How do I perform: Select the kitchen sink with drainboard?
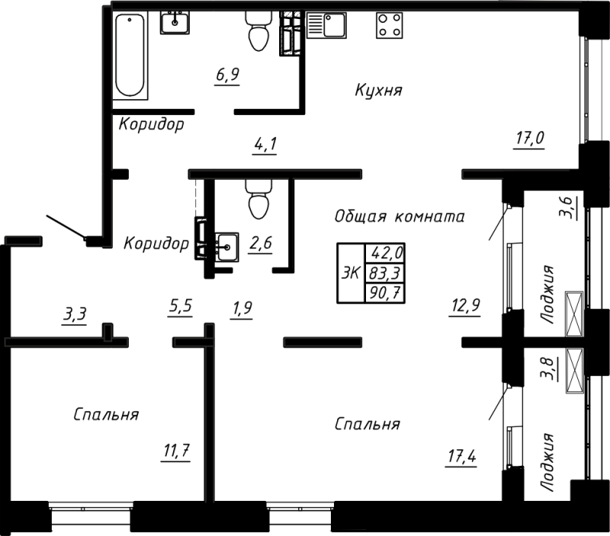click(x=327, y=24)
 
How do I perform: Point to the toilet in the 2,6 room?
click(x=257, y=200)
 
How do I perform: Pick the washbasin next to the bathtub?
click(x=175, y=23)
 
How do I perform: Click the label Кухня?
click(x=378, y=91)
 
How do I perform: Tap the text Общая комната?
click(x=399, y=217)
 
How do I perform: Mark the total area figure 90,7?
click(x=386, y=290)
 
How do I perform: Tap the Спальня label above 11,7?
click(x=106, y=415)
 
